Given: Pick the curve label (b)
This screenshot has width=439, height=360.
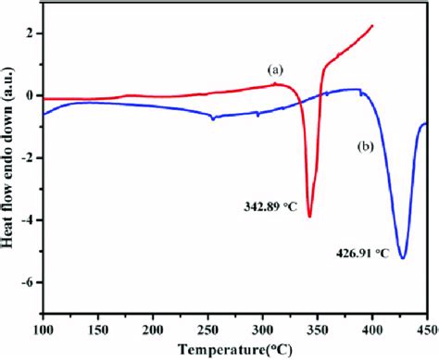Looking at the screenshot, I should pos(365,145).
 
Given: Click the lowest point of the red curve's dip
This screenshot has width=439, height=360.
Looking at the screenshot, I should pos(309,217).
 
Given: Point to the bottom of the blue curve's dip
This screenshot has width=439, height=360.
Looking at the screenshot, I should pos(403,257).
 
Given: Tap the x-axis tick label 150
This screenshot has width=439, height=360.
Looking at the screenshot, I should pos(98,328).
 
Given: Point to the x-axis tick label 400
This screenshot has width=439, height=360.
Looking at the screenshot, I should pos(371,328).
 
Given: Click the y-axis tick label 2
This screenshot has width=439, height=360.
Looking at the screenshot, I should pos(31,33).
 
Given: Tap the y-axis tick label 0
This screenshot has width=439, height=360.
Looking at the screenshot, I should pos(31,95).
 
